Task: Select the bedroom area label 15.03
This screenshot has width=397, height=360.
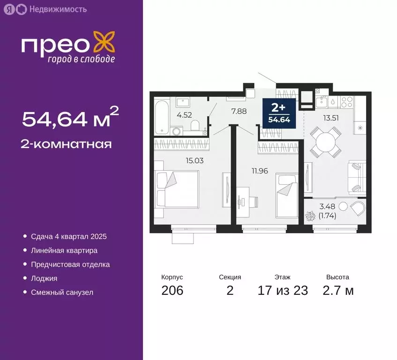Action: [194, 160]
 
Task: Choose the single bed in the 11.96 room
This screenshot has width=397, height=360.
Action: [285, 193]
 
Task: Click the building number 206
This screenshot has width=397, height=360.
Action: [172, 291]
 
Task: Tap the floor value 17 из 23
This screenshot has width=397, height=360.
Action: [283, 291]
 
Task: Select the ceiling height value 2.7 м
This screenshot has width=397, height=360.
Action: [337, 291]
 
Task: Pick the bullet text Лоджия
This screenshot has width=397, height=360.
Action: [44, 278]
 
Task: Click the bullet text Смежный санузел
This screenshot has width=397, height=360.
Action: [62, 292]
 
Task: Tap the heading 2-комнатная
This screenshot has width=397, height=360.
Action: [67, 144]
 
